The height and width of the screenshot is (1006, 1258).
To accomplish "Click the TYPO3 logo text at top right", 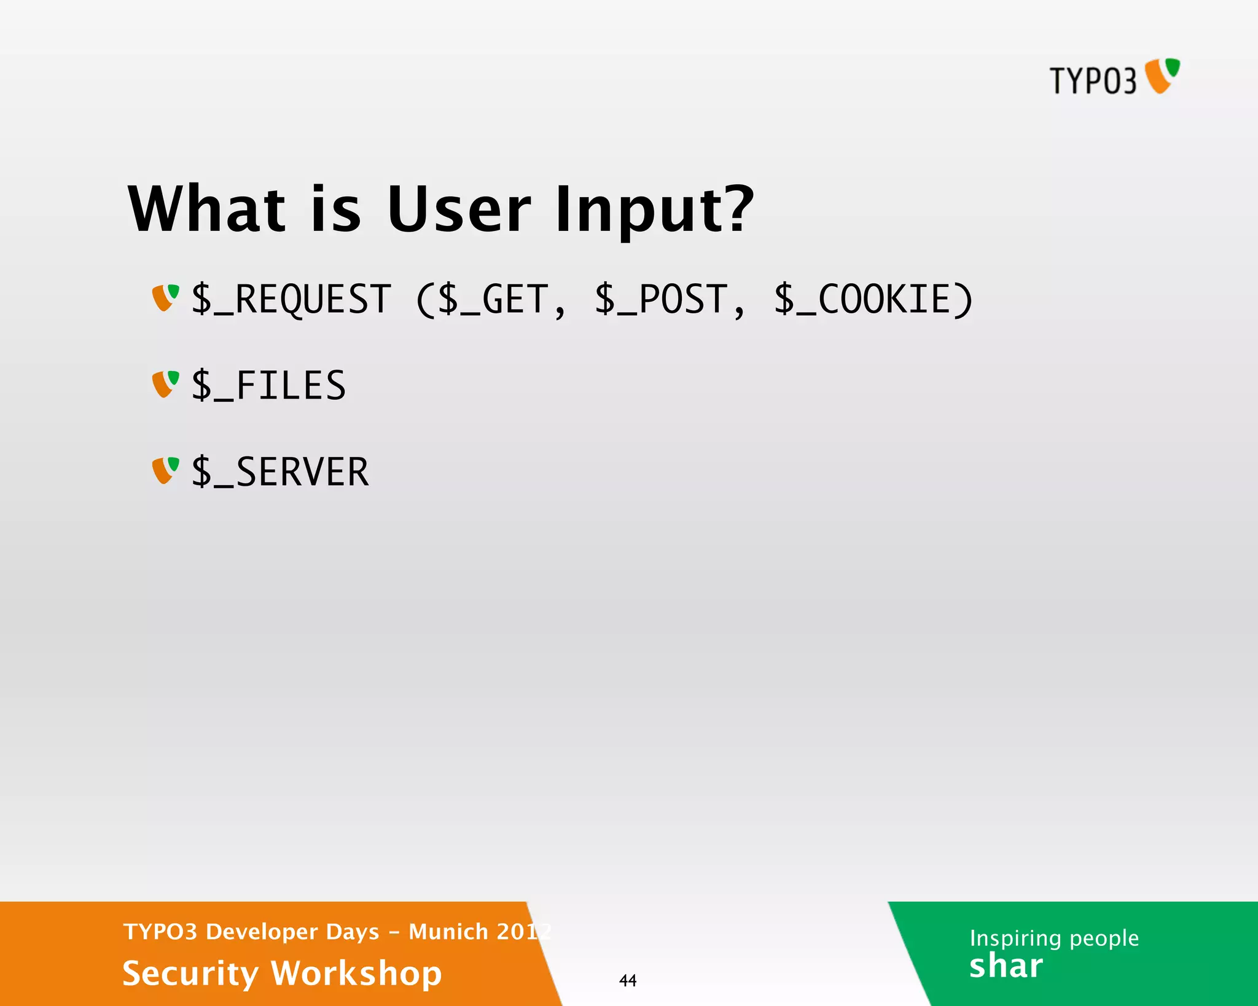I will click(x=1093, y=80).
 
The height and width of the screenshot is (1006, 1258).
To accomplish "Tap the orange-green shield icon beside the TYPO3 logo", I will click(x=1162, y=76).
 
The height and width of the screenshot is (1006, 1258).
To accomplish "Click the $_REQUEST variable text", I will click(x=291, y=300).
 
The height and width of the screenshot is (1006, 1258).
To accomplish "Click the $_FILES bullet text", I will click(x=269, y=386).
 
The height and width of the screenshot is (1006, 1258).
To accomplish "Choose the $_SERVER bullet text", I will click(x=280, y=472).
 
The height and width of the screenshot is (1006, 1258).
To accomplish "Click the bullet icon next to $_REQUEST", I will click(x=165, y=298).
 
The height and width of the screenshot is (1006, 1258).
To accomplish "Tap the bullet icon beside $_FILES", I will click(x=165, y=384).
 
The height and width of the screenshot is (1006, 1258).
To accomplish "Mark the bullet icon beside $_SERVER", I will click(x=165, y=470).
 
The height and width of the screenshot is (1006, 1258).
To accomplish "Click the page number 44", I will click(x=628, y=980).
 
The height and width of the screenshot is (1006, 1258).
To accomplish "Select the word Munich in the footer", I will click(x=448, y=932).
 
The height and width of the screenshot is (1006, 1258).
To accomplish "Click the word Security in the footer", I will click(x=190, y=973).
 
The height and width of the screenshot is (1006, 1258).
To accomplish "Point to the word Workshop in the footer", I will click(x=356, y=973).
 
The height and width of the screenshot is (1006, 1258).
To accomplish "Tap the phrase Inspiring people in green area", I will click(x=1054, y=938).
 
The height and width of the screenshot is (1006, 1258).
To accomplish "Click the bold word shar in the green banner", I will click(x=1006, y=966).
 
